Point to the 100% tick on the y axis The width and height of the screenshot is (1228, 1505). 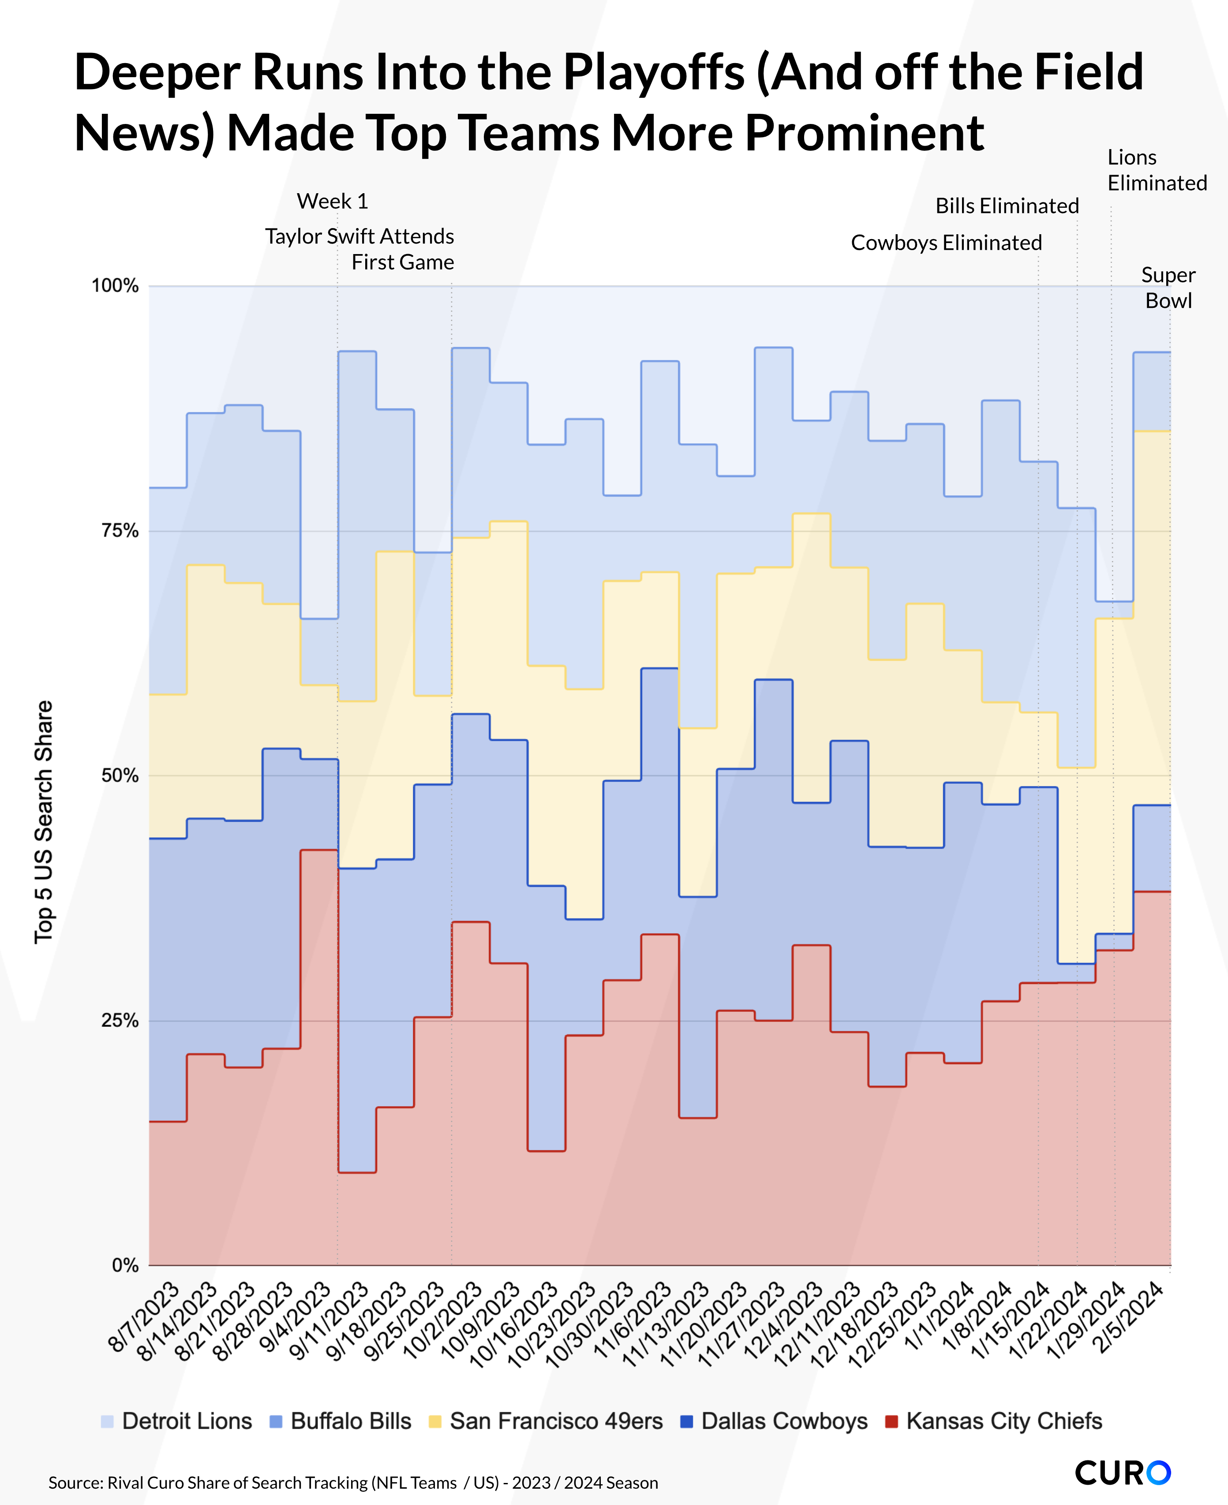click(x=115, y=286)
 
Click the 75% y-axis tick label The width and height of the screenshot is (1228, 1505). click(x=120, y=531)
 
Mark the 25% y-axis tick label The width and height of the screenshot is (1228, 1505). click(x=120, y=1021)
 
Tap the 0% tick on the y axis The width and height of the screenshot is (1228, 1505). click(x=125, y=1265)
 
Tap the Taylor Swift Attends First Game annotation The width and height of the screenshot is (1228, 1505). click(x=360, y=249)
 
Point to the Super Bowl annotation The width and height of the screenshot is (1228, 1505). click(x=1168, y=288)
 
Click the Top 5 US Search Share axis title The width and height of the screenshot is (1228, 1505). click(x=44, y=822)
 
